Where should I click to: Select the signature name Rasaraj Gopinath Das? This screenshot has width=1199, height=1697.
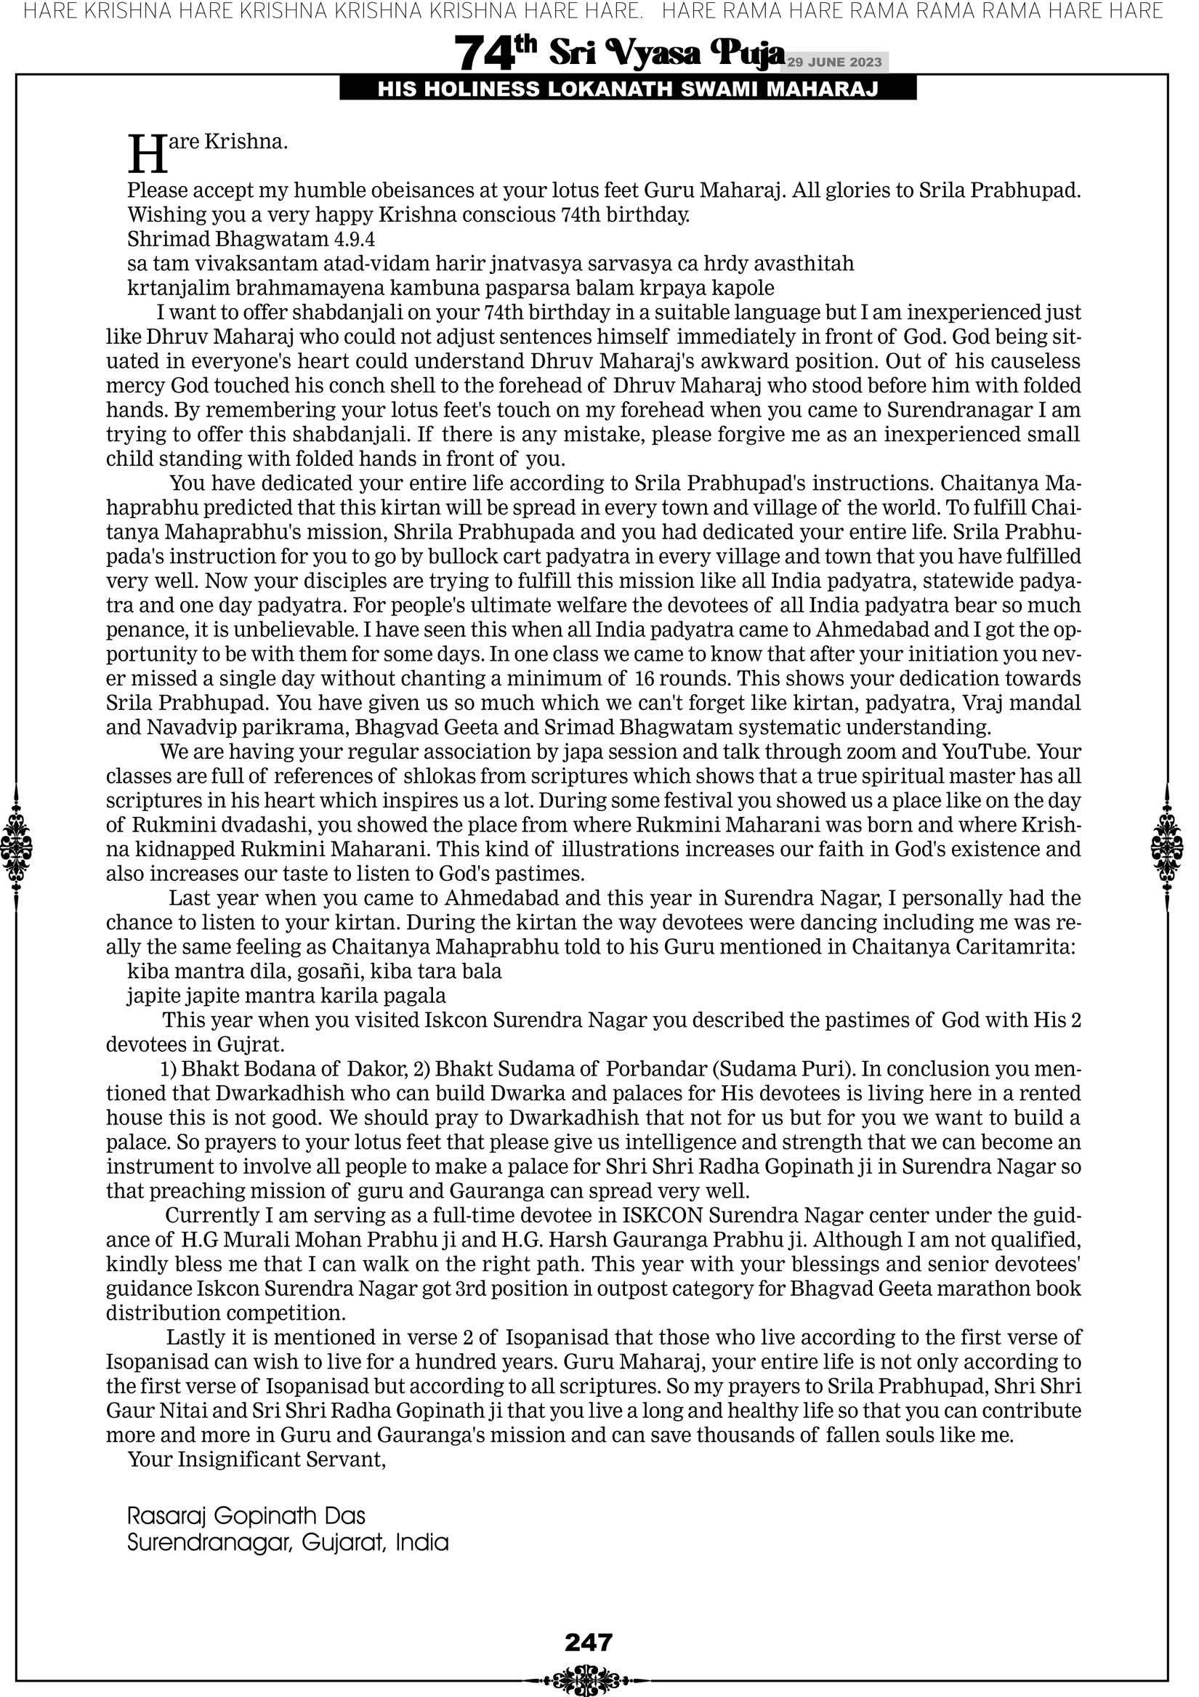tap(246, 1516)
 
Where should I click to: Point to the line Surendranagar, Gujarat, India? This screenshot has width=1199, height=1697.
tap(288, 1542)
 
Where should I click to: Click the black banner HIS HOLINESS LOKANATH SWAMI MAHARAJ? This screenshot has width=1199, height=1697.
tap(628, 89)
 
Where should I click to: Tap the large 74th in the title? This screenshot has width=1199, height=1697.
tap(496, 53)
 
